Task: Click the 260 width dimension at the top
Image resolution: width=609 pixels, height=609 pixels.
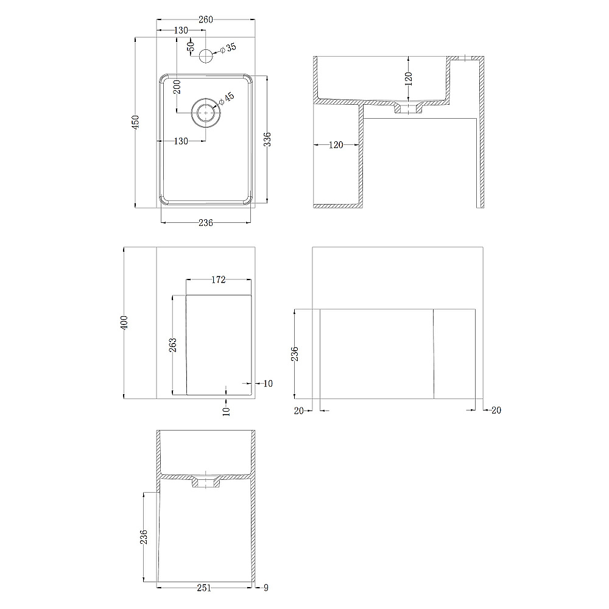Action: pos(205,19)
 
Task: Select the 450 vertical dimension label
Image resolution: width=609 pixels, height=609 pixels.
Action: pos(135,122)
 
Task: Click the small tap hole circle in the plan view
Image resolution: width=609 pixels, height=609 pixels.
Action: pos(206,56)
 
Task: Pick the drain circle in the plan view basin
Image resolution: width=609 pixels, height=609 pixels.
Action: pos(206,113)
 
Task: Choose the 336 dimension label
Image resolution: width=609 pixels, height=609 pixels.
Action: pos(267,139)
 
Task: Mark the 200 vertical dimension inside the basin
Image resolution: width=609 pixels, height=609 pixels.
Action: pos(177,87)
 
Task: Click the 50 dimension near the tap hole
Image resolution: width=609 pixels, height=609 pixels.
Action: pos(190,46)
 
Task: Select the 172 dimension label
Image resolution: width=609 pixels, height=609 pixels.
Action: pos(218,280)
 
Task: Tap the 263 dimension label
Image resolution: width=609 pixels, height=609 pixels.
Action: pos(172,345)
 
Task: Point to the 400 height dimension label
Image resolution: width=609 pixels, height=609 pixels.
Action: pos(124,322)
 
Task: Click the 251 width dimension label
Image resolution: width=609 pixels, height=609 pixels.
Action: pos(204,588)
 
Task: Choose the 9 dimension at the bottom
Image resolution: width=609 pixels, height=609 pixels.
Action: pos(266,588)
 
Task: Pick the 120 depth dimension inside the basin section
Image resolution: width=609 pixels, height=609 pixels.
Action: pos(408,79)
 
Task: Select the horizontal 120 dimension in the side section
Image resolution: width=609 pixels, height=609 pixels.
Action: pos(336,145)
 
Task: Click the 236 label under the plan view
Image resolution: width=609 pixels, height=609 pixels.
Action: pos(205,222)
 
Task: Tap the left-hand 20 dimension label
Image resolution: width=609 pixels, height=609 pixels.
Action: pos(298,410)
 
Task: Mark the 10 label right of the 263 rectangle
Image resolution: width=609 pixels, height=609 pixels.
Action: pos(268,384)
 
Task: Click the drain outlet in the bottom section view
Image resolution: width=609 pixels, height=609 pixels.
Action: pos(206,482)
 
